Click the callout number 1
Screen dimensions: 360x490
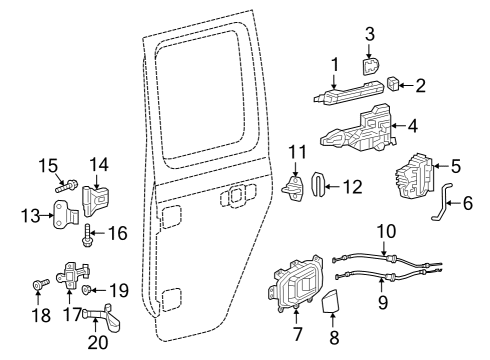point(335,65)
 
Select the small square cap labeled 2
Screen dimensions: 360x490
point(392,81)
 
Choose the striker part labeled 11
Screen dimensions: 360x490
point(295,186)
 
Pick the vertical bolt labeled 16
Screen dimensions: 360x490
point(88,238)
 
